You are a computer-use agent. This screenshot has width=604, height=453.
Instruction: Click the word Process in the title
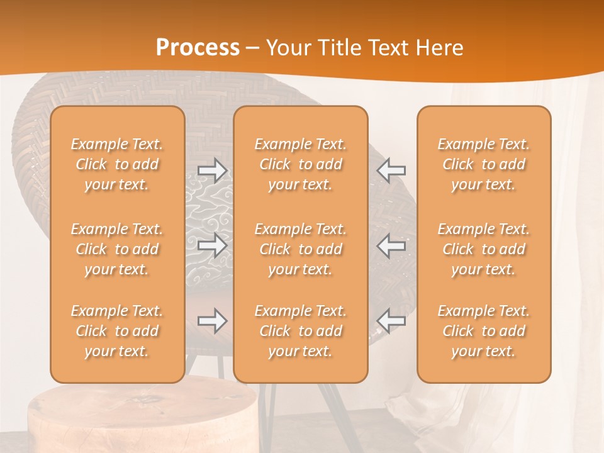[x=198, y=47]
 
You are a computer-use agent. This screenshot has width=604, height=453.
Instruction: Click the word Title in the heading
[x=341, y=48]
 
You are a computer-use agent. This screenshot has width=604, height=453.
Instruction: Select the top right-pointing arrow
[x=213, y=170]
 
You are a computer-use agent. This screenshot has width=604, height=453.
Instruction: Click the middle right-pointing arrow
[x=213, y=245]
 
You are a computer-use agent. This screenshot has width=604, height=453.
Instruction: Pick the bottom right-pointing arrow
[x=213, y=321]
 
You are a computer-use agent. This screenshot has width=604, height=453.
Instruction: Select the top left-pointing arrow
[x=391, y=170]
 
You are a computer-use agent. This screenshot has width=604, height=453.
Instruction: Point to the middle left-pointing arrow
[x=391, y=245]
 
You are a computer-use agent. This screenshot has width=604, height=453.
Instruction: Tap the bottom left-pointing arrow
[x=391, y=321]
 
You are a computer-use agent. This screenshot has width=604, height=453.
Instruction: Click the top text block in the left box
[x=117, y=164]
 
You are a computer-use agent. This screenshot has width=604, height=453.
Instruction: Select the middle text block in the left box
[x=117, y=249]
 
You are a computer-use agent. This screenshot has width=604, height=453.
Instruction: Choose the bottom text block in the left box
[x=117, y=331]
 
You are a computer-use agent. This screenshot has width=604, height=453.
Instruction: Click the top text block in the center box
[x=301, y=164]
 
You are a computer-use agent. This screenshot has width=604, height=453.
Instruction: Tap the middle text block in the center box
[x=301, y=249]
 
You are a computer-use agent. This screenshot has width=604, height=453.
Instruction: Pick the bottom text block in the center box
[x=301, y=331]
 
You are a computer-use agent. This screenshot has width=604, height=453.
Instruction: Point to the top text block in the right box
[x=484, y=164]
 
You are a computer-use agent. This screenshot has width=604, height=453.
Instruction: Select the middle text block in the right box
[x=484, y=249]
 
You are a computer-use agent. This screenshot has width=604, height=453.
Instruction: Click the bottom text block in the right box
[x=484, y=331]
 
